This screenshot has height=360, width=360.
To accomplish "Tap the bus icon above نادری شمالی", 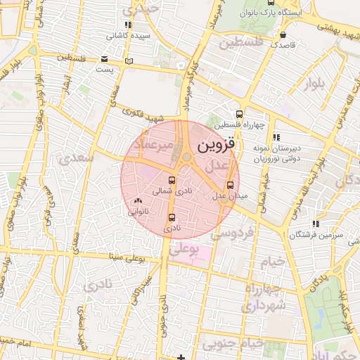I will (x=172, y=179).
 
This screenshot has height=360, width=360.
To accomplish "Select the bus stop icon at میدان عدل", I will (x=230, y=186).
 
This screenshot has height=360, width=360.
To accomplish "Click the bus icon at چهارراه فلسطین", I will (x=240, y=114).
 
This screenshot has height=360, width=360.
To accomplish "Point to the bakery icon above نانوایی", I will (x=137, y=201).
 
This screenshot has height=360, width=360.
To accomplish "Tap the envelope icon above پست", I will (x=105, y=59).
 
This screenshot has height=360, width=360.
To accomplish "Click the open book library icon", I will (x=128, y=61).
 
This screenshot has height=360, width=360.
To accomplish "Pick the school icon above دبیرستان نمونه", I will (x=276, y=136).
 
